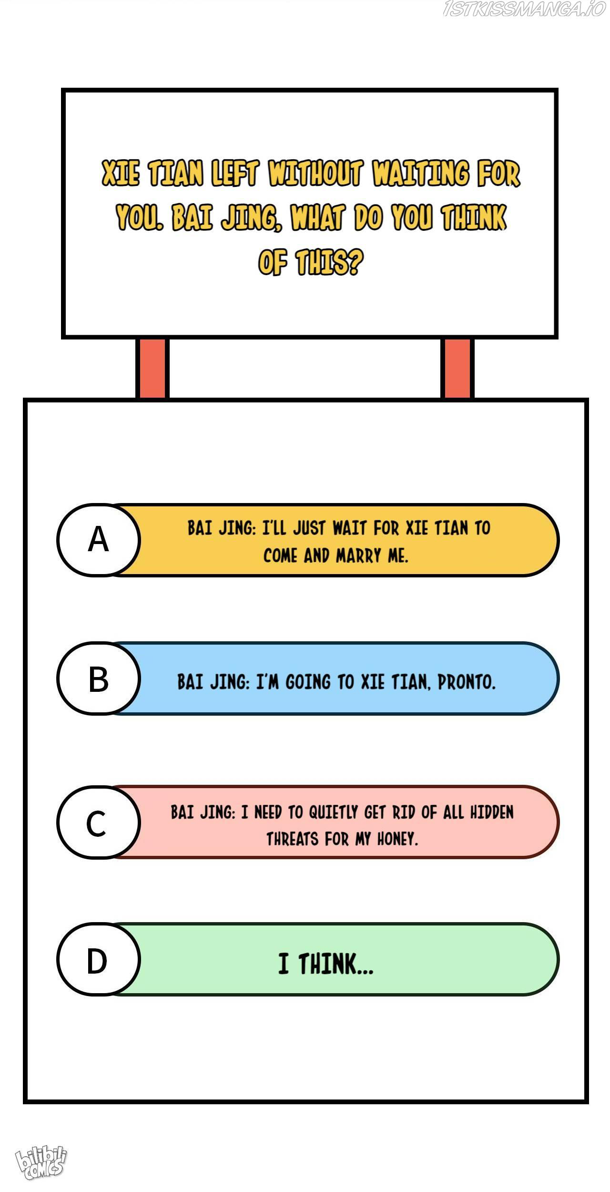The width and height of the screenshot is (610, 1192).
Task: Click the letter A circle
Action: [99, 540]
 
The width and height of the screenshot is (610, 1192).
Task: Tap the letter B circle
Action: [99, 678]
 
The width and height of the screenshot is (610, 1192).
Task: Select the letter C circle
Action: [99, 822]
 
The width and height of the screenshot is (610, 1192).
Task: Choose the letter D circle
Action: [99, 959]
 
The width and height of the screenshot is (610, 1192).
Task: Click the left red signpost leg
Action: [152, 368]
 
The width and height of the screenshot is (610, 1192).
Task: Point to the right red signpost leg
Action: [457, 368]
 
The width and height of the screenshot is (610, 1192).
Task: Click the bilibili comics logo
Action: [41, 1163]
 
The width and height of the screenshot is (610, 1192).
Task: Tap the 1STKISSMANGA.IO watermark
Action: [524, 9]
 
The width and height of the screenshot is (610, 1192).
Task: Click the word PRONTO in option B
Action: [467, 682]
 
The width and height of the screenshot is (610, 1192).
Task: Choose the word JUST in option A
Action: [309, 528]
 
